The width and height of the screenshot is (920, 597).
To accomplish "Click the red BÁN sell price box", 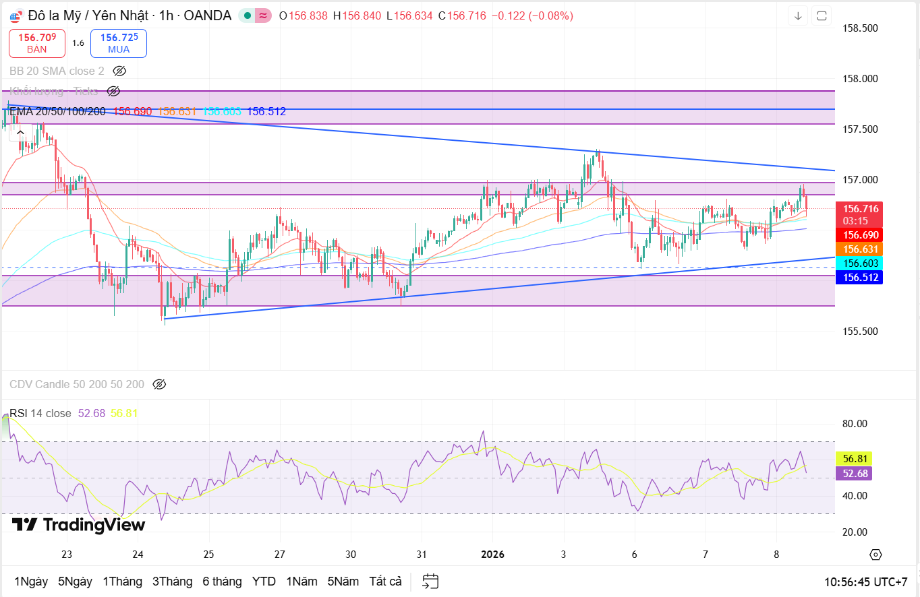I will pos(37,43).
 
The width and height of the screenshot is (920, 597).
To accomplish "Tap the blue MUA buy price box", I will pos(119,43).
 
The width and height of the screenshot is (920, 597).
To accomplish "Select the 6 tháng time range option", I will pos(221,581).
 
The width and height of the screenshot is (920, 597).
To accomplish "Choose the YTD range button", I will pos(264,581).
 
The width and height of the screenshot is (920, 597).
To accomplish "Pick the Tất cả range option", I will pos(385,581).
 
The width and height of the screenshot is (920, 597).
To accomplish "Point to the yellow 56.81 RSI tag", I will pos(853,458).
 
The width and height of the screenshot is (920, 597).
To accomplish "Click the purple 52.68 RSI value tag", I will pos(853,473).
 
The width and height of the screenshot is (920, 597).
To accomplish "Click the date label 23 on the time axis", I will pos(67,555).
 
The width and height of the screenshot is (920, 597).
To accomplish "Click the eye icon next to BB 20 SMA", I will pos(119,71).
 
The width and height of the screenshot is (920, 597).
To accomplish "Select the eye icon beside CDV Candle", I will pos(159,384).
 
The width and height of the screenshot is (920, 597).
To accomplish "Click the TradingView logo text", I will pos(69,525).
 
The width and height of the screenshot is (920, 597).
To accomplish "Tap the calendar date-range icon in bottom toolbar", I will pos(430,581).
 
